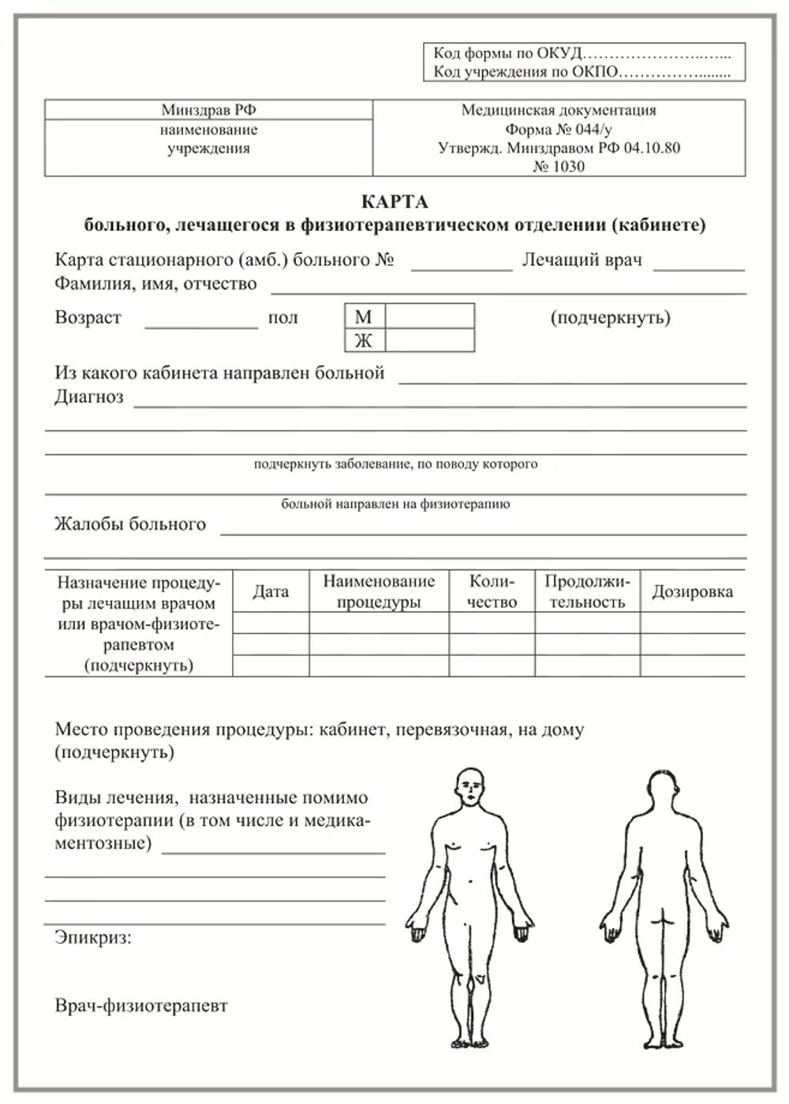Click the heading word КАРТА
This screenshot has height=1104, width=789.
pos(394,202)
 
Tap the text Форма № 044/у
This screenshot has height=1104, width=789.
pos(559,129)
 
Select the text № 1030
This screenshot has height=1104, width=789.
pos(559,166)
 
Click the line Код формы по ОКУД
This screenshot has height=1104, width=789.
pos(508,54)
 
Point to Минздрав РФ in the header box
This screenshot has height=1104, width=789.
pos(208,110)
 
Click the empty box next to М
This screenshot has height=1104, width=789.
pos(429,316)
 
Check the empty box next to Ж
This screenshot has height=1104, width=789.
pos(429,341)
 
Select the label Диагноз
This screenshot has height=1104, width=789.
pos(89,397)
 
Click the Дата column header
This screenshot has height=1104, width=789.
pos(271,592)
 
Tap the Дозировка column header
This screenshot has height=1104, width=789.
pos(692,592)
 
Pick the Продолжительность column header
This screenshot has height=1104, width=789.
pos(587,592)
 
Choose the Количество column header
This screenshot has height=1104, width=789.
pos(492,592)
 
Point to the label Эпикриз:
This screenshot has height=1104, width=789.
pos(93,938)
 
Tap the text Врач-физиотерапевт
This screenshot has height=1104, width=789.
pos(141,1006)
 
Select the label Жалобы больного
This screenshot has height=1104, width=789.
pos(130,524)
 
